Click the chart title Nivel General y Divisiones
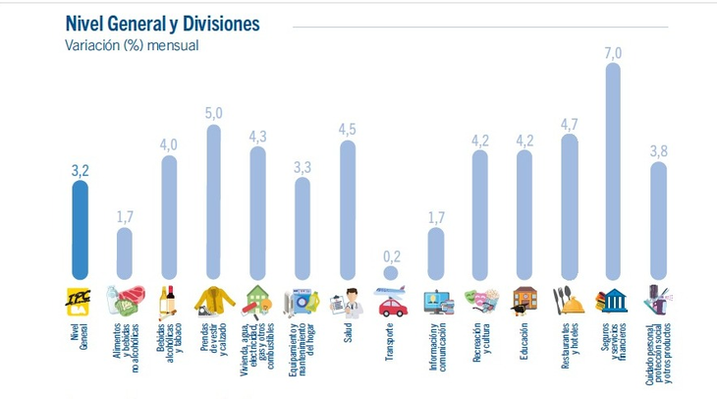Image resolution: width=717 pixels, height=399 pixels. [162, 23]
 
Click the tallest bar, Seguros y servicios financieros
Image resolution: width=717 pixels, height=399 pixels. [614, 177]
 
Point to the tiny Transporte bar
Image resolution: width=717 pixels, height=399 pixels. [392, 274]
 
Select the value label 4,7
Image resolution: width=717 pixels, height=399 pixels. [569, 124]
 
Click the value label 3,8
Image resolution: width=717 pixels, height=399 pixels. [658, 151]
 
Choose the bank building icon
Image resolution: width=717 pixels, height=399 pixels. [614, 300]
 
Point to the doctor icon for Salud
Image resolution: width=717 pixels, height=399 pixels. [347, 300]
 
